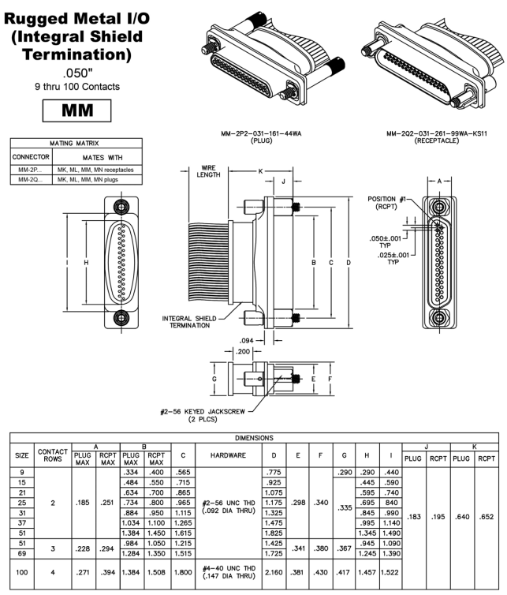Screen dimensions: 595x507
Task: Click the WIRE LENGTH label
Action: point(208,172)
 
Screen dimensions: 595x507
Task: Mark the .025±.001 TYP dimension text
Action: point(392,258)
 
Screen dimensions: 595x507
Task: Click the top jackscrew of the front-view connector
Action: point(120,208)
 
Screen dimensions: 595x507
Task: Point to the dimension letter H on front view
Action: point(85,262)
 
